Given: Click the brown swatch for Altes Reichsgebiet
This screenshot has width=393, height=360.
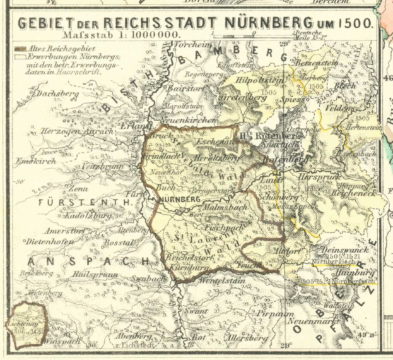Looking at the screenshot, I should point(20,49).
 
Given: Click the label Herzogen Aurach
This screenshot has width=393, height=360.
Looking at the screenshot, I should point(67,131).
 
